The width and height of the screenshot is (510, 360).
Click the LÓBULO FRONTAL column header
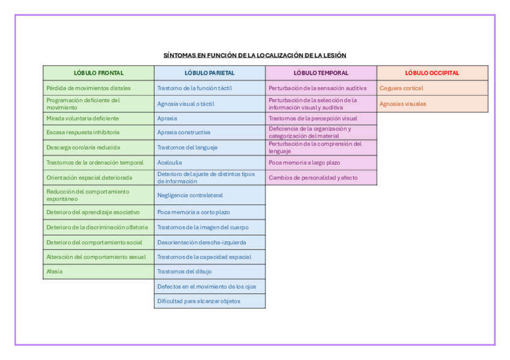[x=99, y=73]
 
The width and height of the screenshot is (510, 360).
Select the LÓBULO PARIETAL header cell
[x=209, y=73]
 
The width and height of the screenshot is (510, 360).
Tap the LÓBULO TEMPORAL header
[x=321, y=73]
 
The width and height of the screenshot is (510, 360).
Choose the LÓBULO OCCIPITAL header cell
[x=432, y=73]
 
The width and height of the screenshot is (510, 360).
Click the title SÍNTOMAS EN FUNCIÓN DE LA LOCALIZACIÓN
[x=255, y=55]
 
